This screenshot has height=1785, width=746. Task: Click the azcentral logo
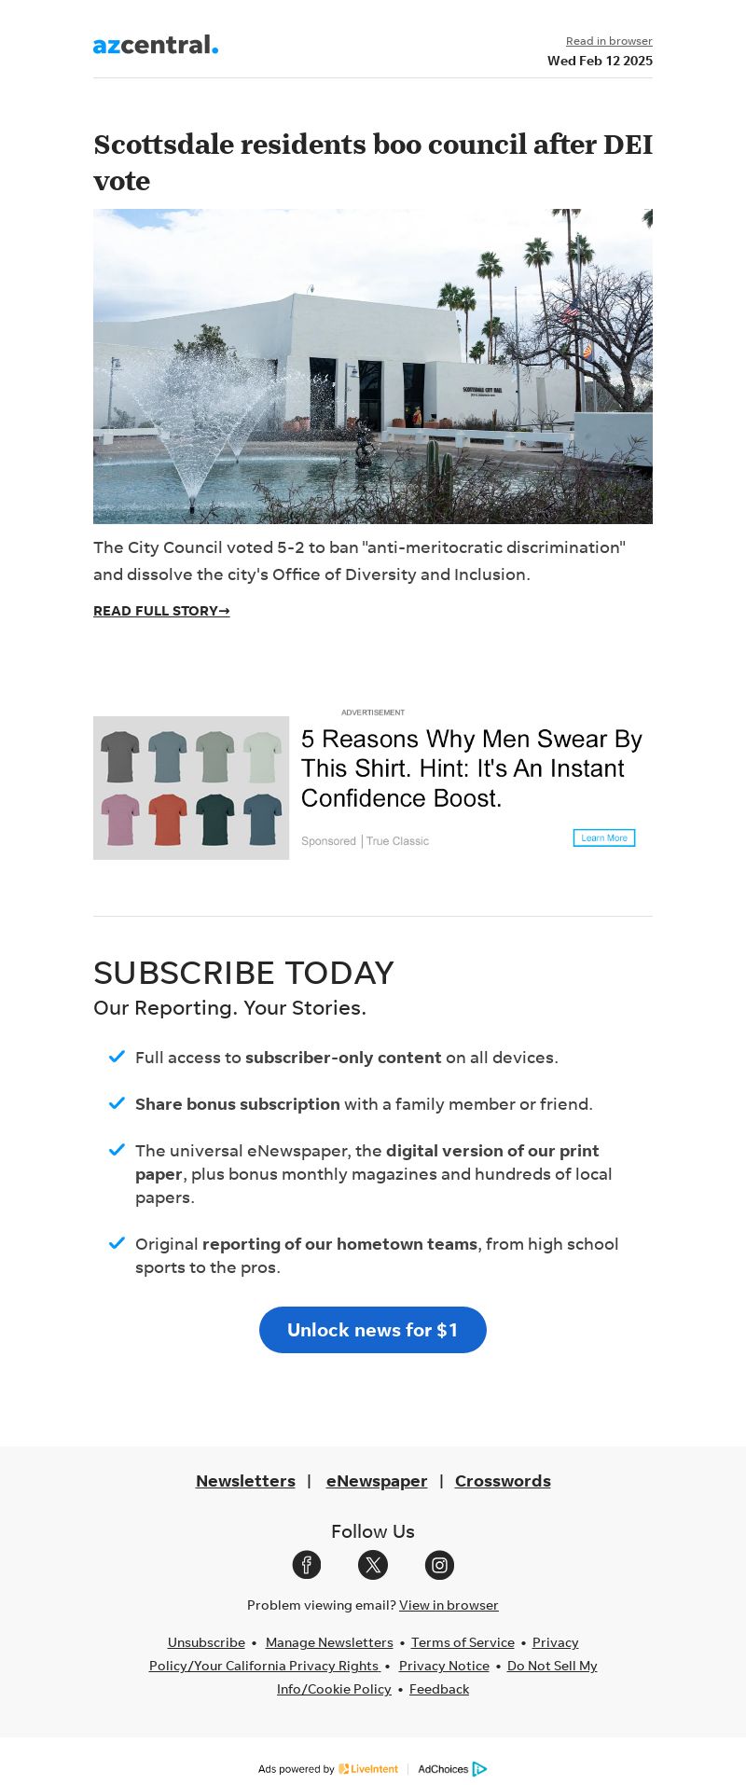click(x=156, y=45)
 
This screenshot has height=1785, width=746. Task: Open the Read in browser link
click(x=609, y=41)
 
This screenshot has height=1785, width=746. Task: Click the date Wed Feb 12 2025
click(x=600, y=61)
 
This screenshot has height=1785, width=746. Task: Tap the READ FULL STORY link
click(x=161, y=611)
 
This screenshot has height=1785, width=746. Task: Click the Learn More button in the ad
click(x=604, y=837)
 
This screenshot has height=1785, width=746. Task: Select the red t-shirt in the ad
click(x=168, y=819)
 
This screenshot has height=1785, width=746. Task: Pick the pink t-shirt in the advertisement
click(x=119, y=819)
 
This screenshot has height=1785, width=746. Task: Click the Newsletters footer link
click(x=245, y=1481)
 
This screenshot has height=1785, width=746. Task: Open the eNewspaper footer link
click(x=377, y=1481)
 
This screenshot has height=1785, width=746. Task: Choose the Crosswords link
click(x=503, y=1481)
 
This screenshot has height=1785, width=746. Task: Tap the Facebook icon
click(x=307, y=1565)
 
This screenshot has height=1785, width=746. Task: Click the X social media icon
click(x=373, y=1565)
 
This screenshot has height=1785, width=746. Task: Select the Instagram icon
click(x=439, y=1565)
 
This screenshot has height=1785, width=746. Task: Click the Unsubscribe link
click(x=206, y=1642)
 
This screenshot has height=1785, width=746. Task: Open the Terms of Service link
click(x=463, y=1642)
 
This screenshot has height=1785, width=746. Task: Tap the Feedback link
click(x=439, y=1689)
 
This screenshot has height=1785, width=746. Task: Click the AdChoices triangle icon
click(x=479, y=1769)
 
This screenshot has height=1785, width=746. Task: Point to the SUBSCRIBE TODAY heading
click(x=243, y=973)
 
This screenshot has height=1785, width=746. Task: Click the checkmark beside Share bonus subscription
click(x=117, y=1103)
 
